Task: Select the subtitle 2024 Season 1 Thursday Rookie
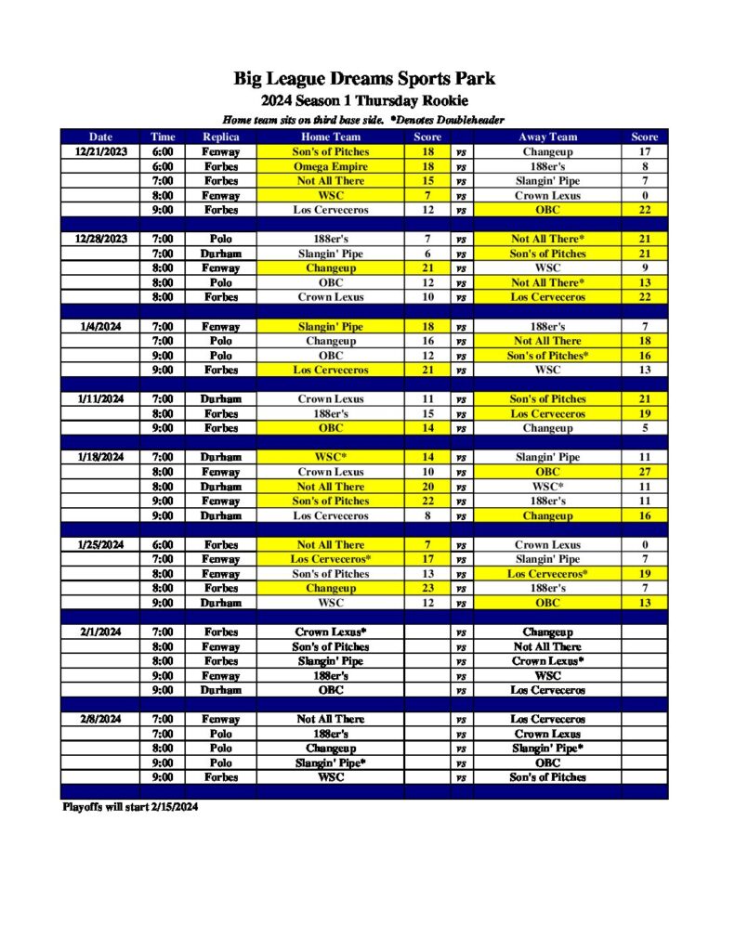click(x=364, y=100)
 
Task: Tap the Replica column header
click(x=220, y=137)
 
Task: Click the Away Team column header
click(x=547, y=137)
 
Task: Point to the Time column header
click(x=163, y=137)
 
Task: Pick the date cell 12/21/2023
click(x=100, y=151)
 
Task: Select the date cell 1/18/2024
click(x=100, y=457)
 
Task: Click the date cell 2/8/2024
click(x=100, y=719)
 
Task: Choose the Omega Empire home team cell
click(x=331, y=166)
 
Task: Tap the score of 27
click(x=644, y=472)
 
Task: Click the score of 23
click(x=427, y=588)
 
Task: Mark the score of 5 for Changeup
click(x=644, y=428)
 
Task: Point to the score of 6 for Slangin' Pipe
click(x=427, y=254)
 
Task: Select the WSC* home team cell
click(x=331, y=457)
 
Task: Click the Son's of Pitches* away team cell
click(x=547, y=356)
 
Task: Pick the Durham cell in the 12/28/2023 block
click(x=220, y=254)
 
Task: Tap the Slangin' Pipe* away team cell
click(x=547, y=748)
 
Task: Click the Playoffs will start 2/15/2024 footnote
click(x=129, y=807)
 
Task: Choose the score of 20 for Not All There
click(x=427, y=487)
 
